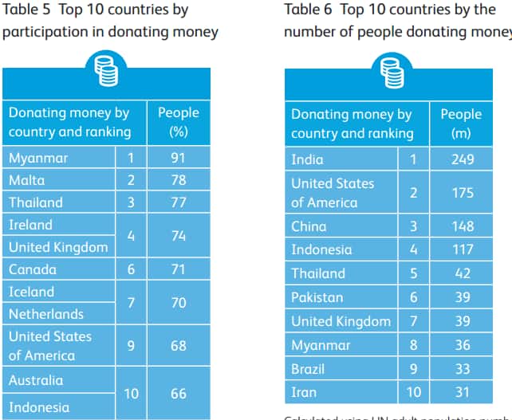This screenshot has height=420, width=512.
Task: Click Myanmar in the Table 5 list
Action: (38, 158)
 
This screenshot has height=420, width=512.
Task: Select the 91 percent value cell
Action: (178, 158)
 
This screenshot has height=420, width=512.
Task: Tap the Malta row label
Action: (27, 180)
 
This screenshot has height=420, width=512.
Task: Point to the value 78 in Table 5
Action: (178, 180)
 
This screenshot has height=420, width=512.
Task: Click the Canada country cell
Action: (33, 269)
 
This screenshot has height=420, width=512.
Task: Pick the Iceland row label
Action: (32, 292)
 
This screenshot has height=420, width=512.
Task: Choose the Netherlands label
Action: (46, 314)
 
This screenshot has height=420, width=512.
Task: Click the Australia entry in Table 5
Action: (36, 380)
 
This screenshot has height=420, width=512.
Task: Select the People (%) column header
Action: (179, 122)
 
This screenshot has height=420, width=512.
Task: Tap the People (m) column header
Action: (461, 124)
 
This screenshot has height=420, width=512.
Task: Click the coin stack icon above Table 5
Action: (106, 69)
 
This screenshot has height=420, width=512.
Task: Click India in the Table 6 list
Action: (307, 159)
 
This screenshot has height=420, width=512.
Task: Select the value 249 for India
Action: (461, 159)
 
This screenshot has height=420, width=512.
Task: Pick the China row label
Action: (309, 226)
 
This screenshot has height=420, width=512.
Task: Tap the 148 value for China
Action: (461, 226)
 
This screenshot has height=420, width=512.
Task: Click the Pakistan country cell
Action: (317, 297)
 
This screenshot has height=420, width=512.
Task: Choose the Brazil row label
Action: (309, 369)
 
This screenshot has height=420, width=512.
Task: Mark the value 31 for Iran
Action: (461, 393)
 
